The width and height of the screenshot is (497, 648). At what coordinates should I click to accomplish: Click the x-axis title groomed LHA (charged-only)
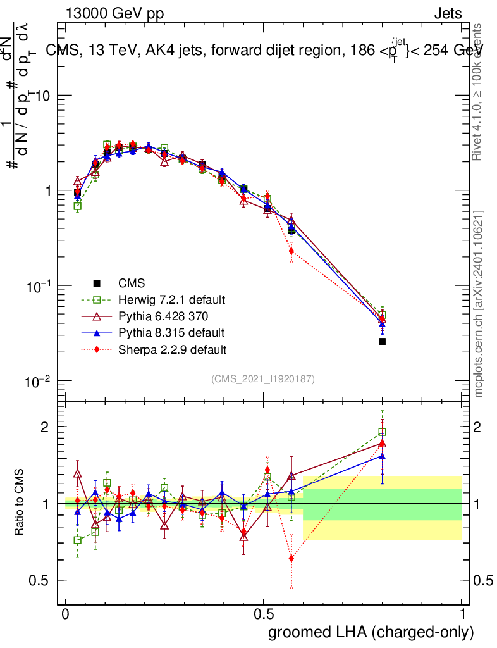371,632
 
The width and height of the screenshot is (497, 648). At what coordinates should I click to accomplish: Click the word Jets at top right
447,13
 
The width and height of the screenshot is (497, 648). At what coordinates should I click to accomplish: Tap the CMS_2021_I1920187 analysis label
263,379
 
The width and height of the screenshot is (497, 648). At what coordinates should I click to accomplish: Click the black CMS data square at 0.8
382,342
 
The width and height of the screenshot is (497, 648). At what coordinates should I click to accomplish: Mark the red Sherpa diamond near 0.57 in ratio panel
291,558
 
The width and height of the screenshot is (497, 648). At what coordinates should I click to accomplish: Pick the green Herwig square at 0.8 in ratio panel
382,432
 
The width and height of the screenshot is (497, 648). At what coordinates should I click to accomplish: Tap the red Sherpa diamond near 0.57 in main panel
291,251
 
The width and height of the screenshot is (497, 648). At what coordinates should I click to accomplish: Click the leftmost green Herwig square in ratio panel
78,540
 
